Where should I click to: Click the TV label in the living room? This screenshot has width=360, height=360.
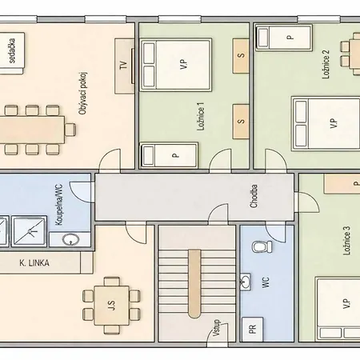(123, 66)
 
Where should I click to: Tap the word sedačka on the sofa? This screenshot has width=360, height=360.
(12, 50)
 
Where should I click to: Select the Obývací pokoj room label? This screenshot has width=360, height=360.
(83, 94)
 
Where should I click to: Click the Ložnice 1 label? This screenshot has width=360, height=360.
(201, 117)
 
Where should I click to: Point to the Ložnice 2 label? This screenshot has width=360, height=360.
(326, 64)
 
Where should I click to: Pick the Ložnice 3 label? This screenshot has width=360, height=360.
(346, 241)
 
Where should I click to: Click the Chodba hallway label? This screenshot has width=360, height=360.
(254, 196)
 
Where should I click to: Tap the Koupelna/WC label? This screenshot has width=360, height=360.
(59, 205)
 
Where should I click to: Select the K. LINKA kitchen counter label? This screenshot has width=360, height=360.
(34, 263)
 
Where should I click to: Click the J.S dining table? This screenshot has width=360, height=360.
(112, 306)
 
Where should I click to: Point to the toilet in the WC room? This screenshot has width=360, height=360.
(262, 246)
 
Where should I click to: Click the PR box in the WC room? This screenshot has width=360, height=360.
(252, 329)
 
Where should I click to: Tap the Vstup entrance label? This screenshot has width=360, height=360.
(216, 328)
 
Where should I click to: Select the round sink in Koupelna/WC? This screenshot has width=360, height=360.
(70, 239)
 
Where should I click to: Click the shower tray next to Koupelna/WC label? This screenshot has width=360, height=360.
(29, 231)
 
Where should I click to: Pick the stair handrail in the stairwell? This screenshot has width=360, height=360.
(194, 284)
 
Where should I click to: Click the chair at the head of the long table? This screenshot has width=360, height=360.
(70, 130)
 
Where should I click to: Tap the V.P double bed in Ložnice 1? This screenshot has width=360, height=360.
(176, 65)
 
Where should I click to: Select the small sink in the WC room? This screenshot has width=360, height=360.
(246, 282)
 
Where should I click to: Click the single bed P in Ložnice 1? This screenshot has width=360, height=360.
(169, 155)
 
